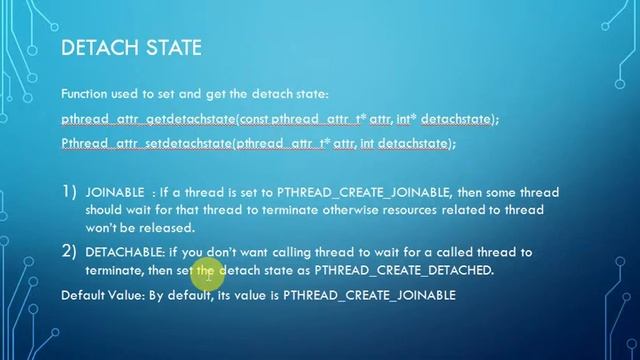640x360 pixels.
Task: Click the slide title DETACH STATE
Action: click(x=131, y=48)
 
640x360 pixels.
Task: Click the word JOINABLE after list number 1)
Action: click(x=115, y=192)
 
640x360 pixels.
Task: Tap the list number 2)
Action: click(x=69, y=251)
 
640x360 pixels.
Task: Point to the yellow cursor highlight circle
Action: click(x=205, y=271)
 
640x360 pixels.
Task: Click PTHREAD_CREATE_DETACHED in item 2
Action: click(x=403, y=270)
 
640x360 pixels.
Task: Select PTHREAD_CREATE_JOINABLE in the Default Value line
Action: click(x=369, y=295)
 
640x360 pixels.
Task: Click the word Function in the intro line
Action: click(x=86, y=93)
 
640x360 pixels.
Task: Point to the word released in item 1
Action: click(x=172, y=227)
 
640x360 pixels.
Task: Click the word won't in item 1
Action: click(x=103, y=227)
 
